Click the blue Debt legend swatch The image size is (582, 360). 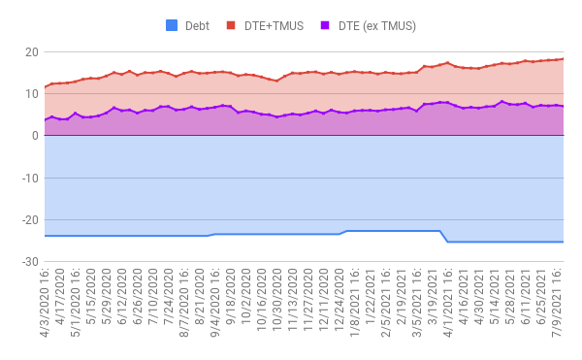tap(174, 25)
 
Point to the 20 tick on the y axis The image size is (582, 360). tap(30, 51)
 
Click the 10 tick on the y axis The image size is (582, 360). tap(30, 94)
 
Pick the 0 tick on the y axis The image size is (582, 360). tap(34, 136)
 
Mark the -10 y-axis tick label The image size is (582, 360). tap(28, 179)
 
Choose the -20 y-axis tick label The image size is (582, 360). tap(28, 220)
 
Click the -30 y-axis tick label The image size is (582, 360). tap(28, 262)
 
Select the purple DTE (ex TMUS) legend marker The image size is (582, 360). tap(325, 25)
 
